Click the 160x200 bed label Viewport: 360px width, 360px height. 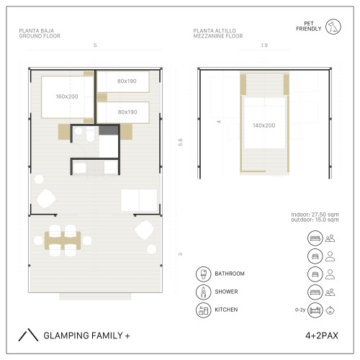(67, 96)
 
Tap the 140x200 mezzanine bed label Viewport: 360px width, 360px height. (264, 125)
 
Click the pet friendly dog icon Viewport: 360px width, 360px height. (333, 27)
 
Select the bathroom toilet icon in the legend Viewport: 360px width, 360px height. (203, 274)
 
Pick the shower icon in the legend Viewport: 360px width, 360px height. (203, 292)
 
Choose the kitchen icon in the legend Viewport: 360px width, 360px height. (203, 310)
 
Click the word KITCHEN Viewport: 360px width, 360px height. (226, 310)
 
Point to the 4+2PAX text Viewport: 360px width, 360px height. (322, 336)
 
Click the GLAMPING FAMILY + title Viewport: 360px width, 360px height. (86, 336)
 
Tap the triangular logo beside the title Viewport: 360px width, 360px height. (28, 335)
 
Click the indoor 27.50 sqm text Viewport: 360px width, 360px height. (315, 215)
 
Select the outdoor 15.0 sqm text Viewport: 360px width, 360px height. (315, 220)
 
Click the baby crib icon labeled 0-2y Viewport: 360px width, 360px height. (315, 310)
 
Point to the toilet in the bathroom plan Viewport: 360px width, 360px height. (90, 134)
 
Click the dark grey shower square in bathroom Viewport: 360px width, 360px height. (109, 130)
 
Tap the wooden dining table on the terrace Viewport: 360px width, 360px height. (63, 240)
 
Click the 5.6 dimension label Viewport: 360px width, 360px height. (180, 142)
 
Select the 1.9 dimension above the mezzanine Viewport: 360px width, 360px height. (264, 45)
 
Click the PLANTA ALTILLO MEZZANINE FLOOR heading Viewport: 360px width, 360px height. (218, 33)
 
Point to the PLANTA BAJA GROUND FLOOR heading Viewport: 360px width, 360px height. (40, 33)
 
